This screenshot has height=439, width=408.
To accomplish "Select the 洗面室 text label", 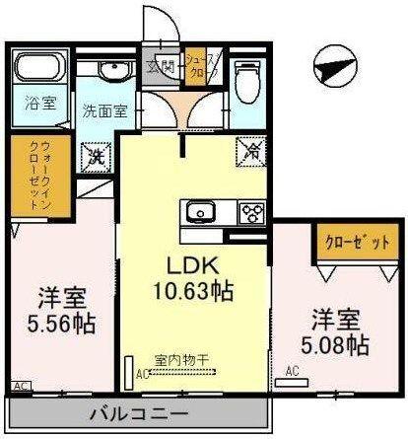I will click(x=104, y=111).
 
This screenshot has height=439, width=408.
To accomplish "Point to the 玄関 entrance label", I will click(x=160, y=67).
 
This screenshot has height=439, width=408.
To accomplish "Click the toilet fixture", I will click(x=246, y=77).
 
